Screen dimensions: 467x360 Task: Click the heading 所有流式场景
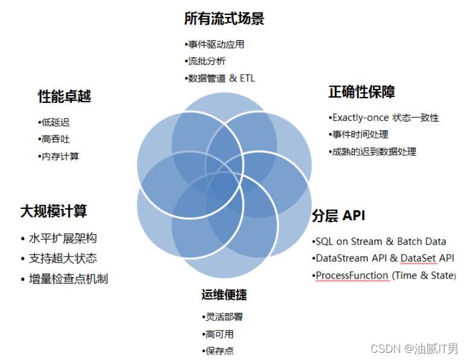click(x=224, y=19)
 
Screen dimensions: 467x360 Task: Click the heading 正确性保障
click(x=362, y=92)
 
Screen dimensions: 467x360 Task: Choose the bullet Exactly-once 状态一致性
click(x=385, y=117)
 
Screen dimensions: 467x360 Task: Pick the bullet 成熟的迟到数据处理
click(x=374, y=151)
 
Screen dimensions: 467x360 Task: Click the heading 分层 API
click(x=338, y=216)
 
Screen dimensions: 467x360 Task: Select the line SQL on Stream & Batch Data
click(x=380, y=241)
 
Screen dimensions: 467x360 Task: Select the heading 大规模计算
click(x=54, y=211)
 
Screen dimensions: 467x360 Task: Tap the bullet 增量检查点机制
click(x=68, y=279)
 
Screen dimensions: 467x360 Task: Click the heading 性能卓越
click(x=64, y=96)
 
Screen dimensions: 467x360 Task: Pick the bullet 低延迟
click(x=55, y=122)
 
